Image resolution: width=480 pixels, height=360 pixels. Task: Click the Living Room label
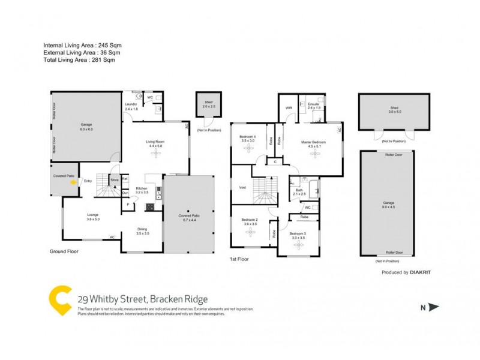[x=155, y=142]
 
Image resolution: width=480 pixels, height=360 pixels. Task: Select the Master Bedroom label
[x=313, y=142]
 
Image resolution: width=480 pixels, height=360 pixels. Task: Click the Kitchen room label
[x=142, y=188]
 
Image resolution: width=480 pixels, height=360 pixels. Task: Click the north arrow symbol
[x=434, y=307]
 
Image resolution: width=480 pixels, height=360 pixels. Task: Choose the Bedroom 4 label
[x=248, y=136]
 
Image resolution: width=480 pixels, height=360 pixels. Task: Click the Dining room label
[x=142, y=229]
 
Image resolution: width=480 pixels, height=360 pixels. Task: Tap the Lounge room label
[x=76, y=215]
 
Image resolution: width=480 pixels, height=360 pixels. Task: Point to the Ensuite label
[x=313, y=104]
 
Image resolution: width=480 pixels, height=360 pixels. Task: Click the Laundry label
[x=131, y=104]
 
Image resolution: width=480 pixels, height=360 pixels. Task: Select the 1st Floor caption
[x=239, y=259]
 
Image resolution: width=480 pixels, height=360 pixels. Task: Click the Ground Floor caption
[x=64, y=251]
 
